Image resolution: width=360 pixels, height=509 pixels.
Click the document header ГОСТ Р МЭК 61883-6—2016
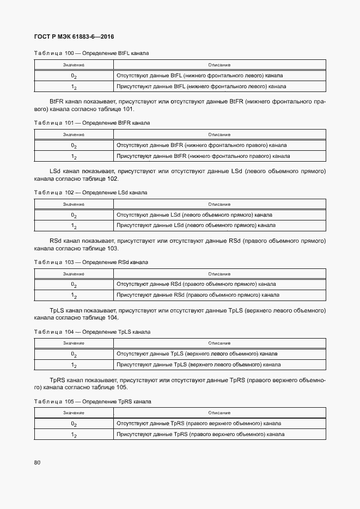click(74, 36)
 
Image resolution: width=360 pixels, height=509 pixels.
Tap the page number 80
click(37, 463)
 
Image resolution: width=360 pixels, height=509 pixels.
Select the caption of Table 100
click(91, 53)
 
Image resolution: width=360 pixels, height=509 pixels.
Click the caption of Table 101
click(91, 123)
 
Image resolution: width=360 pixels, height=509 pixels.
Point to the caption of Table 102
click(90, 193)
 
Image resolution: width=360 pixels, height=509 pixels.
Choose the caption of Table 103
click(91, 262)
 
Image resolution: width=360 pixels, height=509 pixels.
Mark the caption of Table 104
click(92, 332)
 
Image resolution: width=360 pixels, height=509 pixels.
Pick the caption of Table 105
click(92, 401)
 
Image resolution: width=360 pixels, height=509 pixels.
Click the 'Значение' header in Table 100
click(74, 65)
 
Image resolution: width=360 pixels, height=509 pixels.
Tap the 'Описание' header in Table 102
click(219, 204)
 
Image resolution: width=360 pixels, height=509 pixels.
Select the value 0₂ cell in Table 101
click(74, 145)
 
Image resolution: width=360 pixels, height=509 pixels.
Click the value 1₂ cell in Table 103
click(74, 296)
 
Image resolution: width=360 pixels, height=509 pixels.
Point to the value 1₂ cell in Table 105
click(74, 434)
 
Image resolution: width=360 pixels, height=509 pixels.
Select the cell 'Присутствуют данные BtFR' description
click(203, 156)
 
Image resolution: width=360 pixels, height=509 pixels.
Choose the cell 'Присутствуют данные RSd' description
click(198, 295)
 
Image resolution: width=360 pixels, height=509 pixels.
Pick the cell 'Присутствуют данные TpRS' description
click(200, 434)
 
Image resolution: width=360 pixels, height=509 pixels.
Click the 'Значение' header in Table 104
click(74, 343)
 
